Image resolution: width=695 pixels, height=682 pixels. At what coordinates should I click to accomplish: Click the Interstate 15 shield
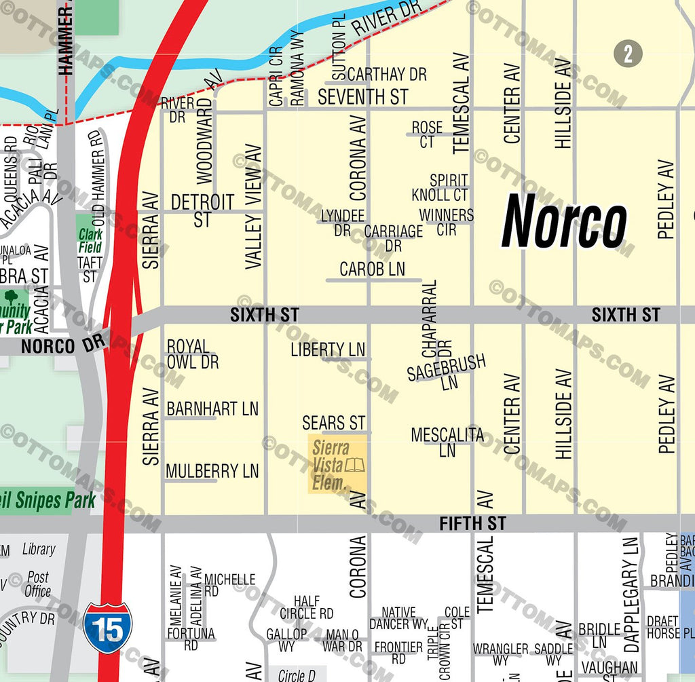(x=108, y=628)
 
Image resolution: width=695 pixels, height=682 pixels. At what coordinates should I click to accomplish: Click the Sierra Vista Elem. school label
(x=333, y=466)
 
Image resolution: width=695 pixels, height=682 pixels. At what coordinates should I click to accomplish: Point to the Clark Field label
(x=90, y=241)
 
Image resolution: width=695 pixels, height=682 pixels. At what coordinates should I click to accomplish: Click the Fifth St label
(x=472, y=523)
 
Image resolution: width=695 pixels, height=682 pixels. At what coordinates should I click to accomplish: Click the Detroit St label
(x=202, y=210)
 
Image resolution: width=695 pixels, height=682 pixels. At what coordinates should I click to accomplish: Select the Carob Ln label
(x=372, y=269)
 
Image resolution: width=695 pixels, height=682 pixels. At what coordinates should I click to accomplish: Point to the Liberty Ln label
(x=328, y=349)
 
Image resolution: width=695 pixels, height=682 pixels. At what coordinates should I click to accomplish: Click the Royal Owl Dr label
(x=193, y=355)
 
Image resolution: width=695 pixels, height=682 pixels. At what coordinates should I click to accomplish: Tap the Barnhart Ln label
(x=212, y=409)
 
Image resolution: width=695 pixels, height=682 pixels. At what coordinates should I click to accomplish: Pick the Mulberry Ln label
(x=212, y=471)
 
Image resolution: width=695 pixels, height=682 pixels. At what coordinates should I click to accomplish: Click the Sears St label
(x=334, y=423)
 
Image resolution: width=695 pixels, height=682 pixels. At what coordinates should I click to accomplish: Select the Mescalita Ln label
(x=447, y=442)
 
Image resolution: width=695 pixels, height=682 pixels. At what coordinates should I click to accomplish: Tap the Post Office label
(x=37, y=584)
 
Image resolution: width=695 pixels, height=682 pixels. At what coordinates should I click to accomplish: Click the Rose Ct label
(x=427, y=134)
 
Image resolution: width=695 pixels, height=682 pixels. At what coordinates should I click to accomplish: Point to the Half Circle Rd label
(x=307, y=607)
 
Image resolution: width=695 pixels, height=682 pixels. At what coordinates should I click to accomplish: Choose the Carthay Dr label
(x=387, y=74)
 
